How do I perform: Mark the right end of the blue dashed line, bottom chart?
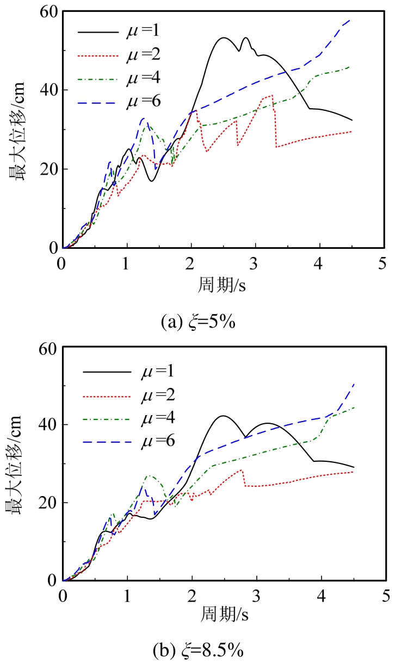[x=354, y=384]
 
